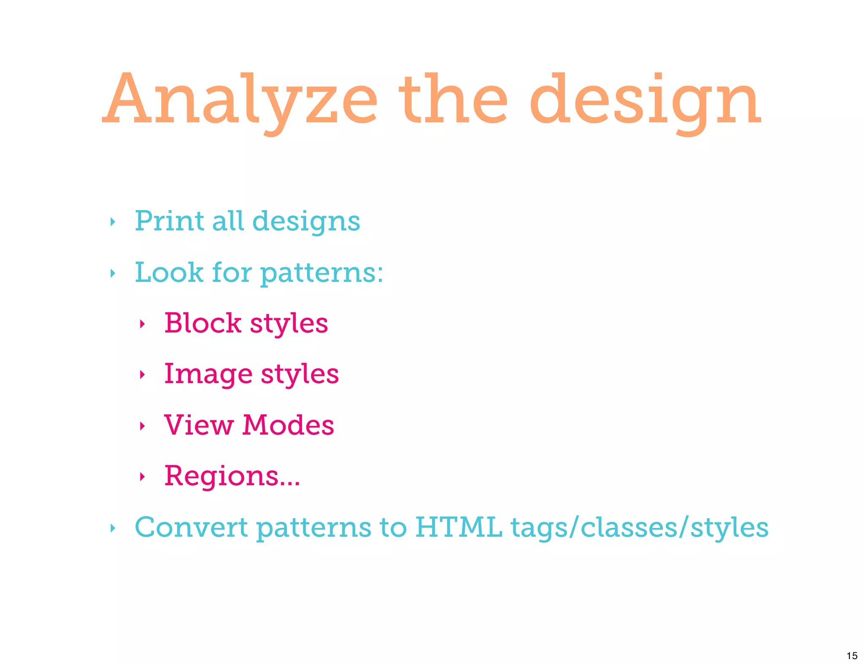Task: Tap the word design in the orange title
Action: click(x=645, y=101)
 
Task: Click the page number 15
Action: click(x=852, y=656)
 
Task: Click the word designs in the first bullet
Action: click(x=306, y=222)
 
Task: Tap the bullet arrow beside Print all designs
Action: click(x=112, y=222)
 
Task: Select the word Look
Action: click(x=169, y=272)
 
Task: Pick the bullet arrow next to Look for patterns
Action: click(x=112, y=273)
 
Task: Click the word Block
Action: click(x=202, y=323)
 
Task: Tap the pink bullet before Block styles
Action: click(x=142, y=324)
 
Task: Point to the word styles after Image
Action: click(x=300, y=375)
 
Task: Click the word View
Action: click(x=199, y=425)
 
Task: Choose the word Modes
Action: click(x=288, y=425)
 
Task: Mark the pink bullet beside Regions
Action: click(x=142, y=477)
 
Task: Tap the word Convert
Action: click(x=191, y=527)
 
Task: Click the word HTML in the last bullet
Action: click(x=459, y=527)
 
